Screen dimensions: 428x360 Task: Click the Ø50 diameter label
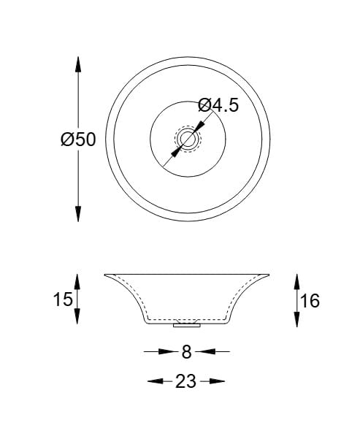[78, 140]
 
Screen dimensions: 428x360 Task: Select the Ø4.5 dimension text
[218, 105]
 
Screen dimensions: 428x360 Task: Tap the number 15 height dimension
[62, 299]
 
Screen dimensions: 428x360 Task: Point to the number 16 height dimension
[310, 300]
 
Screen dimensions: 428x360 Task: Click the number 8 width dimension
[186, 352]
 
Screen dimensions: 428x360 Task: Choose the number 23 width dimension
[186, 381]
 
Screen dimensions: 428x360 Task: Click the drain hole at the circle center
[186, 140]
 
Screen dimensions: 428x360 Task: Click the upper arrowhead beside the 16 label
[296, 280]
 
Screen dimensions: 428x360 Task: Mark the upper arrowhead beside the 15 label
[78, 282]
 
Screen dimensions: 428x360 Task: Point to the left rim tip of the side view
[105, 275]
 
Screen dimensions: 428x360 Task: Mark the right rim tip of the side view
[268, 275]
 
